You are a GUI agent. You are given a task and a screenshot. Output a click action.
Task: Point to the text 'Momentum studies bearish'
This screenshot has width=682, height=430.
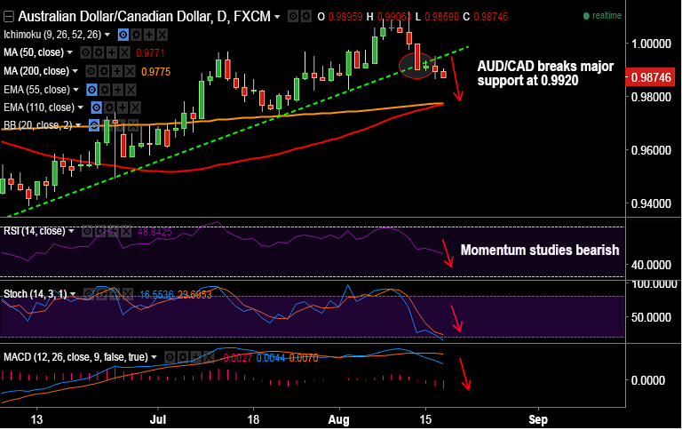coord(539,251)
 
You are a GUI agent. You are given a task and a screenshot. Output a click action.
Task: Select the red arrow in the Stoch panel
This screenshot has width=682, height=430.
coord(456,318)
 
